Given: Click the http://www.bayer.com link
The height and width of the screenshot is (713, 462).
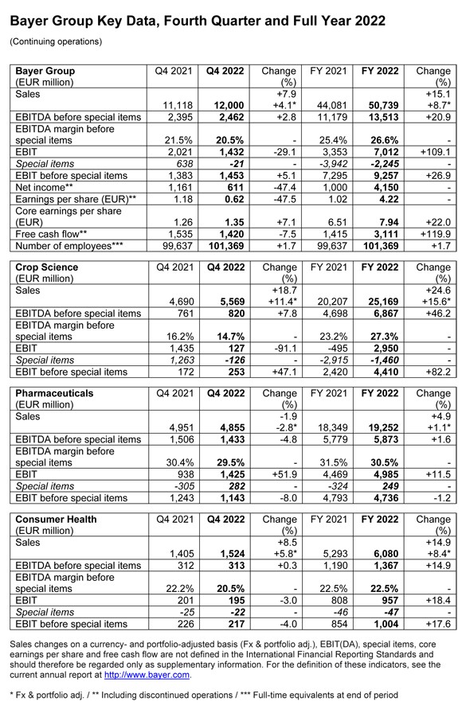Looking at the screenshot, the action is [147, 674].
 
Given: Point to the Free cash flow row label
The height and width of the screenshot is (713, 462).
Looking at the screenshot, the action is [47, 235].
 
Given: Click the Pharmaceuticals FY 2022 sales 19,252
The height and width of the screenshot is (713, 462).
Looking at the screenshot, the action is [378, 427].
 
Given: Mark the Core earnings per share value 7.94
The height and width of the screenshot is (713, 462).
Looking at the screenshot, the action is [384, 223].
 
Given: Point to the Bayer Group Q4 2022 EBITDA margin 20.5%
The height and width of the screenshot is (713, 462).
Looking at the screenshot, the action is [227, 139].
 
